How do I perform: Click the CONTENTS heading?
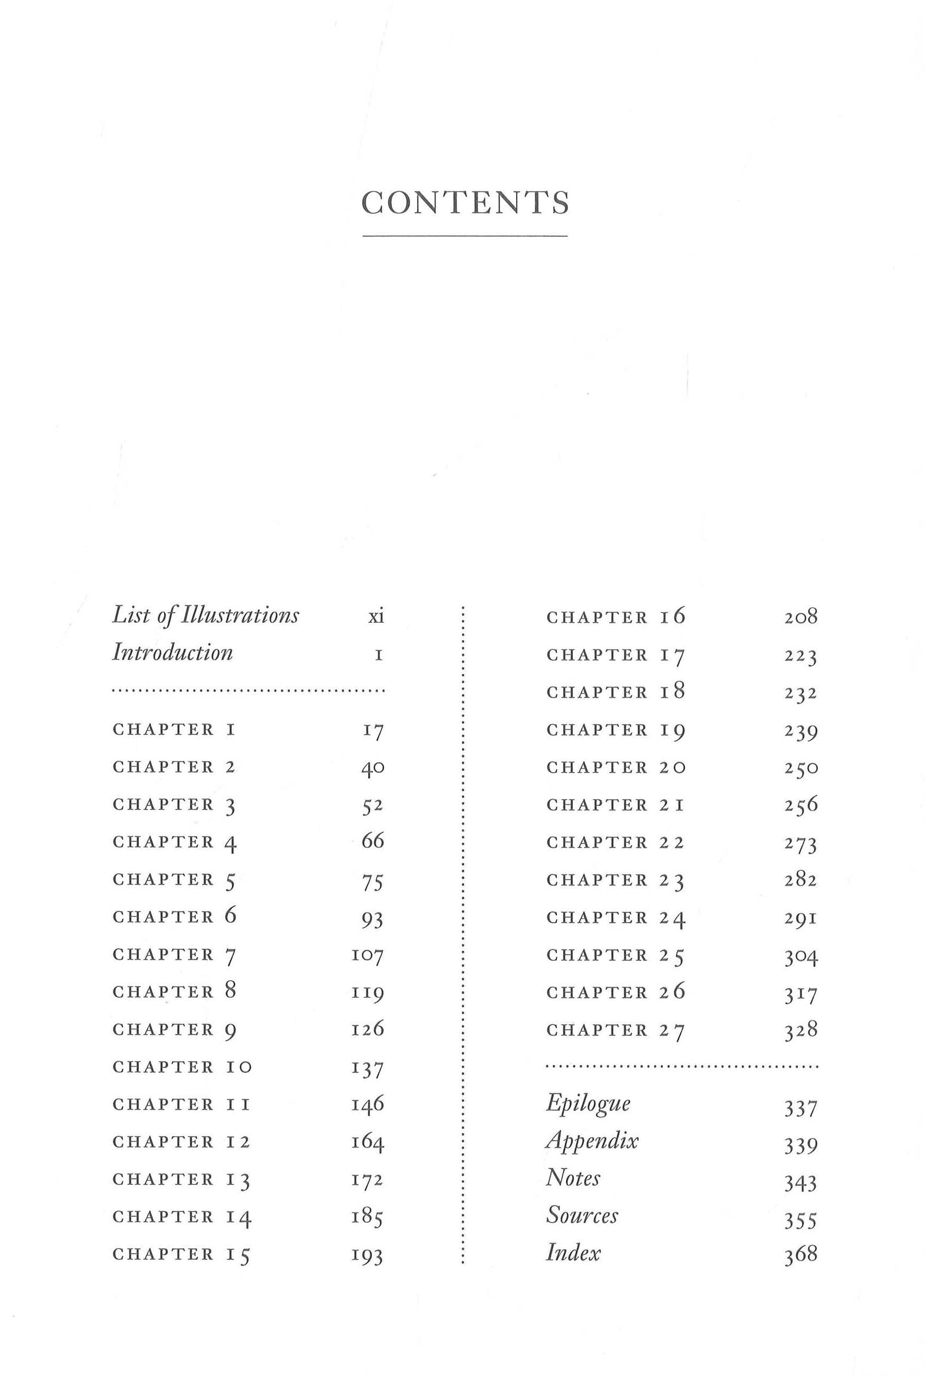(465, 203)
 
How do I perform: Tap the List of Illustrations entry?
(205, 616)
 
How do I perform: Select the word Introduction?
(172, 653)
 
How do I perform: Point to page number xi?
(376, 616)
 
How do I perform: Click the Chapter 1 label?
(175, 730)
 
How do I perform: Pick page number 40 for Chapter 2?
(372, 768)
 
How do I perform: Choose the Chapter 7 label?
(175, 955)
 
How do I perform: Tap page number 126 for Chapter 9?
(368, 1029)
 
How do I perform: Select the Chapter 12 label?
(181, 1141)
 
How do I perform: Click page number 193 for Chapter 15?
(368, 1255)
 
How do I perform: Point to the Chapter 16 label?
(615, 617)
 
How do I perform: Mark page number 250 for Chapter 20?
(800, 768)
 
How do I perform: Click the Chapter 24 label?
(615, 918)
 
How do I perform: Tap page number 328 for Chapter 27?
(800, 1030)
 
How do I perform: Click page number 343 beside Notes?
(800, 1182)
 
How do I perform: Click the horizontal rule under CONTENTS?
(465, 236)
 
